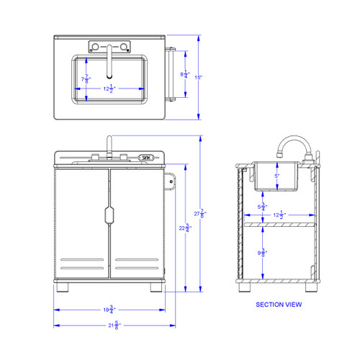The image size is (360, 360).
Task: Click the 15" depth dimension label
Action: tap(208, 77)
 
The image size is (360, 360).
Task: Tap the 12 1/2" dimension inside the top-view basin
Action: tap(108, 89)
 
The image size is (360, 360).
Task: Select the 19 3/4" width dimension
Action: tap(109, 310)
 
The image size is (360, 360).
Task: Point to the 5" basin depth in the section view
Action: tap(276, 175)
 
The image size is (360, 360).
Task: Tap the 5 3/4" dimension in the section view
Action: tap(264, 208)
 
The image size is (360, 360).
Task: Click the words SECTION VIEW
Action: tap(279, 305)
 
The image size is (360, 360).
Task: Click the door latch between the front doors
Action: tap(109, 215)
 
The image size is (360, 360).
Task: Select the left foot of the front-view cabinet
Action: tap(64, 288)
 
